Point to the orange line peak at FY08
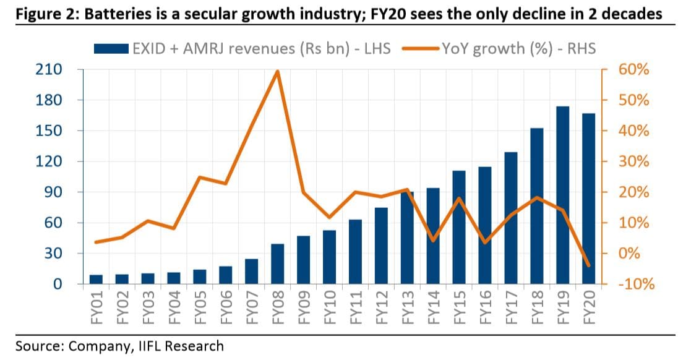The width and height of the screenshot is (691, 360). point(278,71)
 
